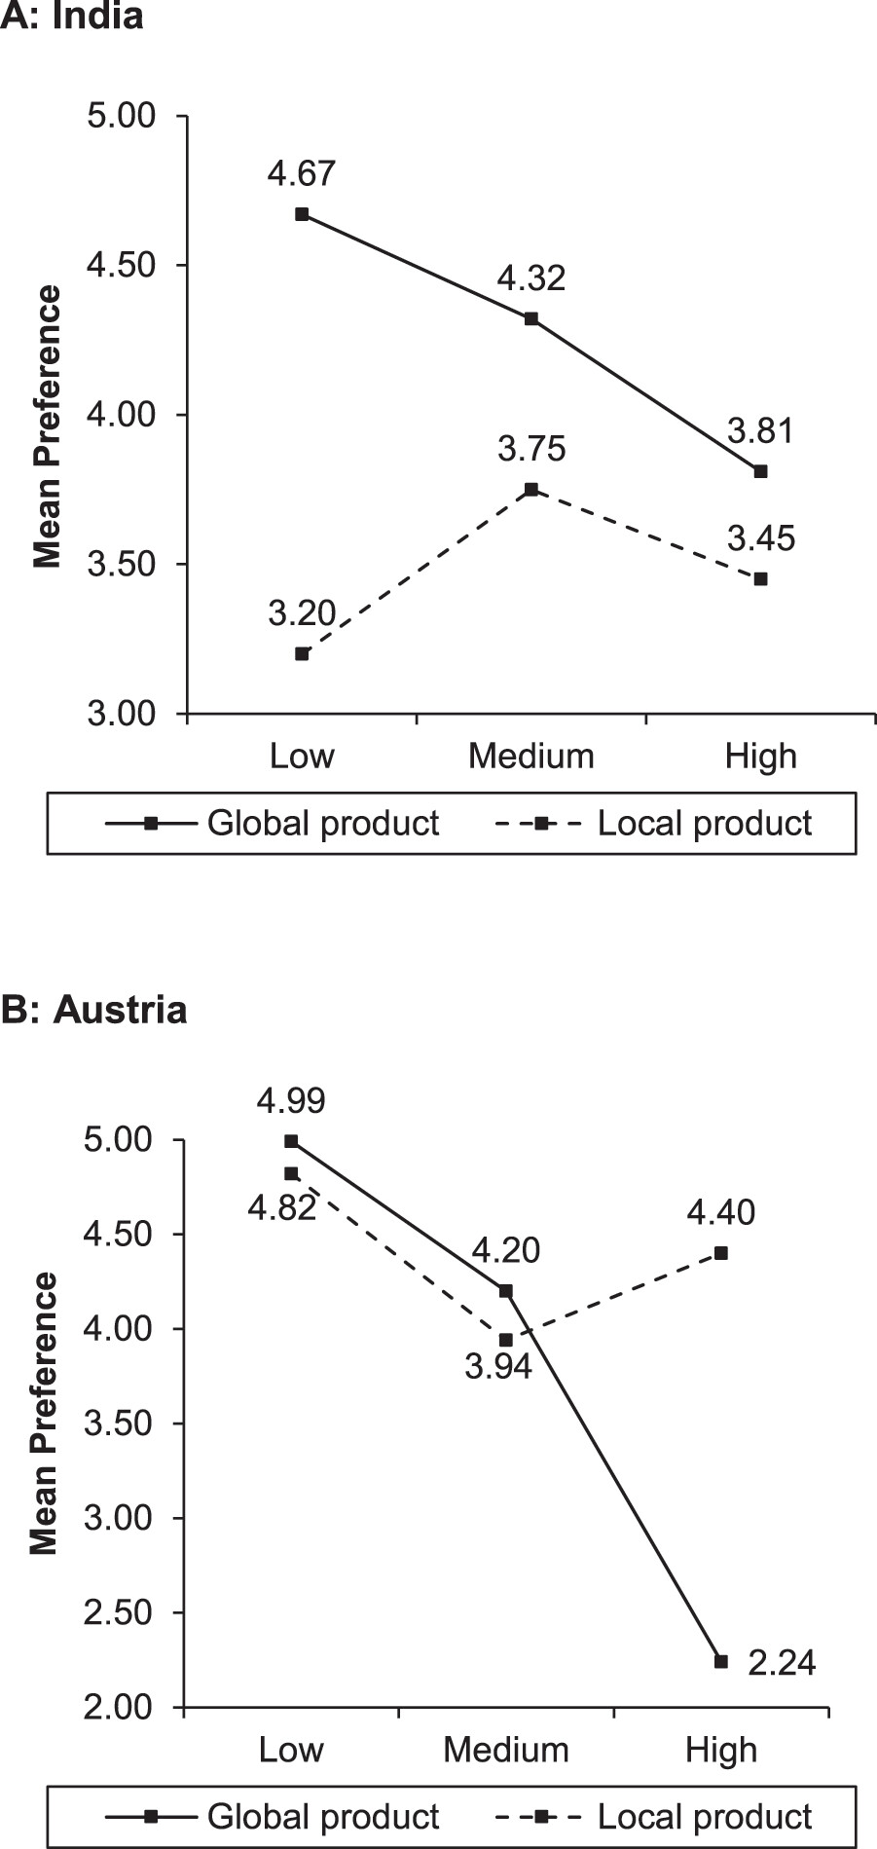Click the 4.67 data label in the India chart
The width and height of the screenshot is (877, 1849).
coord(302,174)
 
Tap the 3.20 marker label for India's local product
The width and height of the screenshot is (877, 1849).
coord(302,613)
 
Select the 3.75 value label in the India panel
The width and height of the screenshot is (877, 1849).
coord(531,450)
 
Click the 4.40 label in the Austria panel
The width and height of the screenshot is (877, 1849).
coord(721,1212)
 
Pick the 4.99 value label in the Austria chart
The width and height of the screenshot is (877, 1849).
coord(291,1100)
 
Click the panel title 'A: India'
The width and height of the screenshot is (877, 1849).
coord(73,17)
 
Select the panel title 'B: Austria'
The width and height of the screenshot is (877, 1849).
coord(93,1010)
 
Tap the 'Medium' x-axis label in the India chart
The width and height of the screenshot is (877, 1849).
coord(531,757)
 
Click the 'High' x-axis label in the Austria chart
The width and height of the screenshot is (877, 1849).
coord(721,1750)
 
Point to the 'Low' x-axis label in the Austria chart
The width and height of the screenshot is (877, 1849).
coord(291,1750)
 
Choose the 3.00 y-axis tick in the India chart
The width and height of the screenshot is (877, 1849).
coord(122,714)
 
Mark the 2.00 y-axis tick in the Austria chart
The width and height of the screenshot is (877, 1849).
coord(120,1707)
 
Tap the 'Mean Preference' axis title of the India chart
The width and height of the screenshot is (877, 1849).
coord(47,426)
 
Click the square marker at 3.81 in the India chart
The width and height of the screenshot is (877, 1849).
coord(761,471)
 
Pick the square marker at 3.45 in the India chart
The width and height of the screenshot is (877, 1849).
coord(761,578)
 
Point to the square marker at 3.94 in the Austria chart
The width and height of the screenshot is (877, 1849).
coord(506,1340)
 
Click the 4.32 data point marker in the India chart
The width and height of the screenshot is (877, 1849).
coord(531,318)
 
